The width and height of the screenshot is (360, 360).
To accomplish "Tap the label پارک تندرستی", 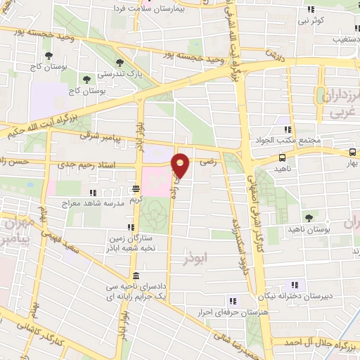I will (x=115, y=73).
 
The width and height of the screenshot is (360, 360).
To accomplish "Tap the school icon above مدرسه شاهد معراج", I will (x=94, y=191).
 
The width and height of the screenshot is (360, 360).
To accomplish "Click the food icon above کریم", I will (x=136, y=188).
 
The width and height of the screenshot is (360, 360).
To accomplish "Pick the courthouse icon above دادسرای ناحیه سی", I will (x=134, y=275).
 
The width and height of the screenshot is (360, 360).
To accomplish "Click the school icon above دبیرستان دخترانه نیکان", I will (x=296, y=285).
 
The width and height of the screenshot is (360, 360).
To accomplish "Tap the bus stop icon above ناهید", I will (x=282, y=158).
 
